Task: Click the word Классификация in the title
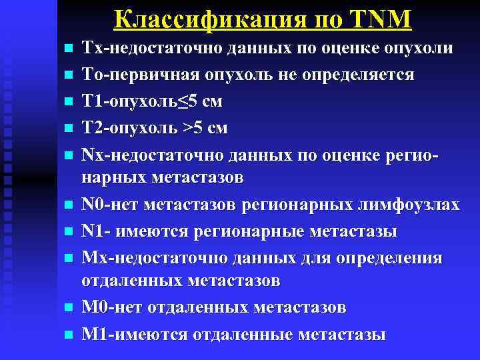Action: pos(203,19)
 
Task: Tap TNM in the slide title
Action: pos(379,19)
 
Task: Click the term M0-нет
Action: pos(111,308)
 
